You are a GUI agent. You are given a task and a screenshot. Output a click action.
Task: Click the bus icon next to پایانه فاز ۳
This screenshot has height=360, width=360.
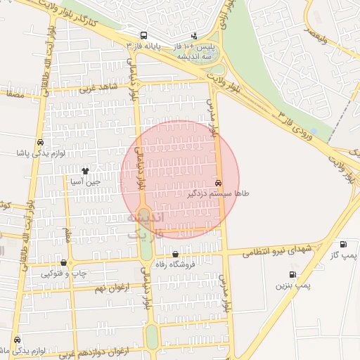point(144,35)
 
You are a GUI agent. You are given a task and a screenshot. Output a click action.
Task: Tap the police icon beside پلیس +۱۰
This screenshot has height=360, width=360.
point(195,37)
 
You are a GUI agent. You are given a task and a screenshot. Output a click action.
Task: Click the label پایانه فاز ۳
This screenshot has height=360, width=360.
point(144,46)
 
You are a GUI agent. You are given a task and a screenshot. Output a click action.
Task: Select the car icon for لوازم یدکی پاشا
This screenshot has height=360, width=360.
point(40,143)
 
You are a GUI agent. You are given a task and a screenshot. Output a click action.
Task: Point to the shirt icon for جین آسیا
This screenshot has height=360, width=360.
point(86,170)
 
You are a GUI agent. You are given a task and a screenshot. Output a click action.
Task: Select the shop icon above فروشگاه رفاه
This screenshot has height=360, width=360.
point(175,255)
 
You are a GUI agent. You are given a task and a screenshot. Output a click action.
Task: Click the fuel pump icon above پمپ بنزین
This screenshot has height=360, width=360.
point(292,274)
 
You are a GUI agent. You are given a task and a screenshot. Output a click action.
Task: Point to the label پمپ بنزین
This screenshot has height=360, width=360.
point(292,285)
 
